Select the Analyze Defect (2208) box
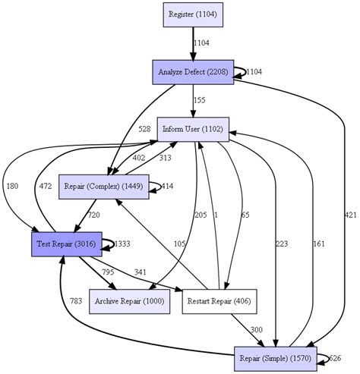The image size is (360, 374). point(193,71)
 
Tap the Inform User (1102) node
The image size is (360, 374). point(192,129)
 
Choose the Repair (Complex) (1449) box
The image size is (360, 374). point(104,186)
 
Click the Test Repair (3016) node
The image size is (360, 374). point(65,244)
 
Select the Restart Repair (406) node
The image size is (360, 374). point(219,301)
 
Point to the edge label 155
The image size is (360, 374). point(198,100)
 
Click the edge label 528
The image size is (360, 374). point(144,129)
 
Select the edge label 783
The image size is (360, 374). point(76,301)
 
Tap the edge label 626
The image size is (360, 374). point(336,358)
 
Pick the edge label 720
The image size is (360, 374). point(93,215)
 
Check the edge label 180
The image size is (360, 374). point(11,186)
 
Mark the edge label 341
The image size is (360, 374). point(141,272)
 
